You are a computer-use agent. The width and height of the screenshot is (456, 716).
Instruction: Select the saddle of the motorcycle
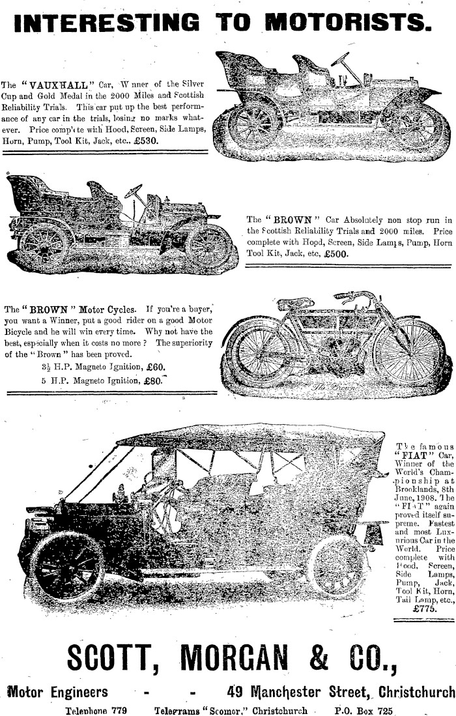pos(295,304)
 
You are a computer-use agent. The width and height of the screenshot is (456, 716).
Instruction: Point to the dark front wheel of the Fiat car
pos(67,566)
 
